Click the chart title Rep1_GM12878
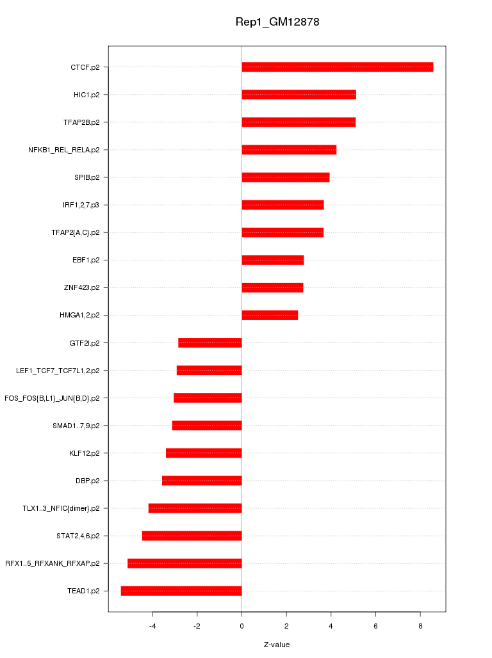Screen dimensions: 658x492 pyautogui.click(x=277, y=22)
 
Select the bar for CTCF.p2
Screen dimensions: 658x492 pyautogui.click(x=337, y=67)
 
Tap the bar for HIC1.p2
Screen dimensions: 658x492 pyautogui.click(x=299, y=95)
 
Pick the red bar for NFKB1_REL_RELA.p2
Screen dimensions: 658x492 pyautogui.click(x=289, y=150)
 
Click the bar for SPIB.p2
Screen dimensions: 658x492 pyautogui.click(x=286, y=177)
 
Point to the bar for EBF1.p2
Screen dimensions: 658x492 pyautogui.click(x=273, y=260)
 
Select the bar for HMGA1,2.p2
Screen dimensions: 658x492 pyautogui.click(x=270, y=315)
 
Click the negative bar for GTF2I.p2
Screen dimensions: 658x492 pyautogui.click(x=210, y=342)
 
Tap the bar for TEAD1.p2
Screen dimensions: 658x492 pyautogui.click(x=181, y=591)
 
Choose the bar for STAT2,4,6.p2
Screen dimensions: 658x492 pyautogui.click(x=192, y=536)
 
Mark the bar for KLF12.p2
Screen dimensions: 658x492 pyautogui.click(x=204, y=453)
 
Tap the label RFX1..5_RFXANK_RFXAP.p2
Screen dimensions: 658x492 pyautogui.click(x=53, y=563)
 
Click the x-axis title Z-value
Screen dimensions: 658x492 pyautogui.click(x=277, y=645)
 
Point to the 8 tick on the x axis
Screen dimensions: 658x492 pyautogui.click(x=420, y=625)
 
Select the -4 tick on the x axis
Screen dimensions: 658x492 pyautogui.click(x=152, y=625)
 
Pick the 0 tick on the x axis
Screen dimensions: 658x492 pyautogui.click(x=242, y=625)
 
